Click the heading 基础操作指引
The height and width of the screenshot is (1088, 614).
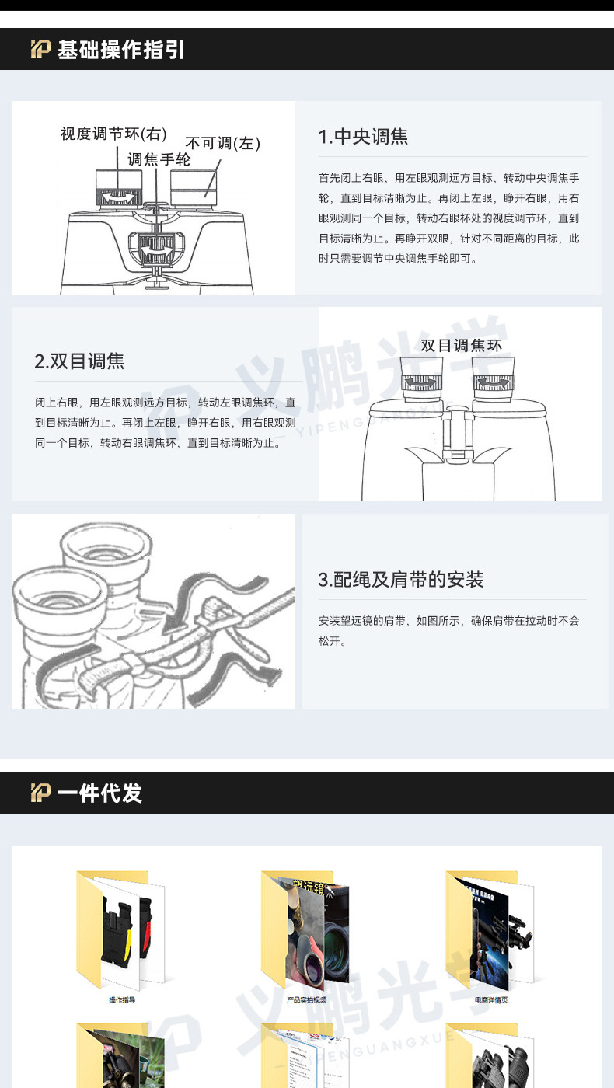point(120,50)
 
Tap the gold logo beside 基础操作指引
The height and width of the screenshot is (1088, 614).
point(40,50)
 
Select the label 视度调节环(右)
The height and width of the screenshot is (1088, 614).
point(113,134)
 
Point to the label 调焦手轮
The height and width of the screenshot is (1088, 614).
point(159,159)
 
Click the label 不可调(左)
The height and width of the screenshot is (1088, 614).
point(222,143)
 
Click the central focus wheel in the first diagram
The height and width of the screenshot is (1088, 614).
point(159,249)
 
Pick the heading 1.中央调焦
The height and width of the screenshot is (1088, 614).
point(363,137)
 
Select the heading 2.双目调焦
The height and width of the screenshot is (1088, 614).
point(79,361)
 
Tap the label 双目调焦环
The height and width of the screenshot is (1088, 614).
point(461,346)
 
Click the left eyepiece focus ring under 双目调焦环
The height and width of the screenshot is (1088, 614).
point(422,382)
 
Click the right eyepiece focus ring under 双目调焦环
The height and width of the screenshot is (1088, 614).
point(493,382)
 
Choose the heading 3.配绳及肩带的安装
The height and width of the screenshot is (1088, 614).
point(400,580)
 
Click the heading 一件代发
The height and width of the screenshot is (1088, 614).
point(99,793)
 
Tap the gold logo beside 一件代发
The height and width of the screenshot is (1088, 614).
point(40,793)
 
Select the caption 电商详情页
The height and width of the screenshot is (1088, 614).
point(490,1000)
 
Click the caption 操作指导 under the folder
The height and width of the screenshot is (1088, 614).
point(122,1000)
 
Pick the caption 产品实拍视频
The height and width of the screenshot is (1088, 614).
point(306,1000)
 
